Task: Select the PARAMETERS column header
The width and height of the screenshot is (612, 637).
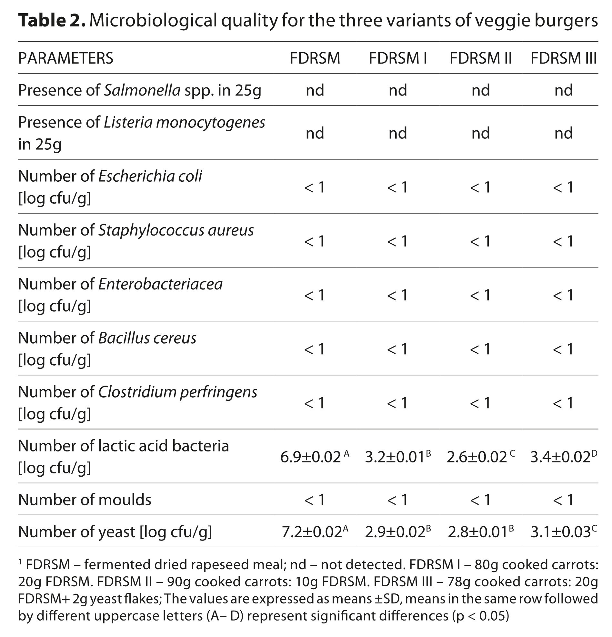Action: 65,58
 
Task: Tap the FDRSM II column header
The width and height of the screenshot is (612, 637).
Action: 480,58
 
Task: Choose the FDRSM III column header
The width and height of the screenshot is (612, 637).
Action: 563,58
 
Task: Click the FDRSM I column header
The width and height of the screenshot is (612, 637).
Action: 397,58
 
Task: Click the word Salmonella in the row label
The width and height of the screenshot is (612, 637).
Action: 142,90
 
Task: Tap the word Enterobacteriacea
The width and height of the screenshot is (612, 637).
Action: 160,284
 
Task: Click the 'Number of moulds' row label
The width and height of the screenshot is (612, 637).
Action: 85,500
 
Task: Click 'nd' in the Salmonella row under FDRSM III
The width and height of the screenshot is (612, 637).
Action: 563,90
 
